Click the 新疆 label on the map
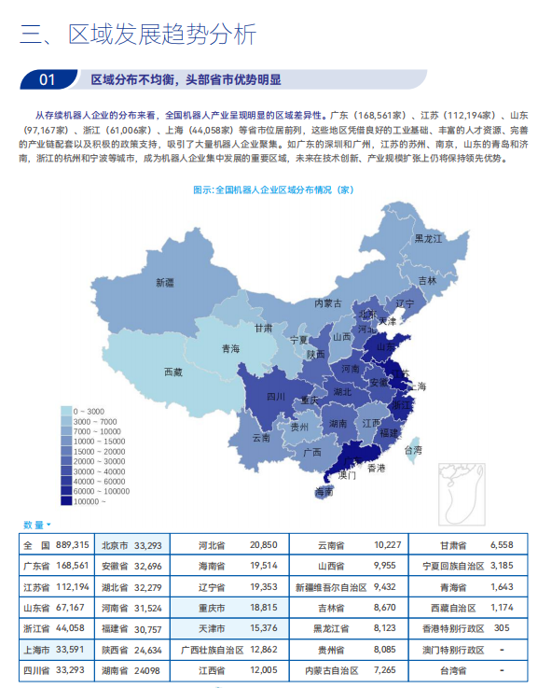pos(165,282)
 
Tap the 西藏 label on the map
pos(172,372)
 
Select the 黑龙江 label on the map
pos(429,239)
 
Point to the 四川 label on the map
pos(275,396)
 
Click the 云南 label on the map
pos(261,437)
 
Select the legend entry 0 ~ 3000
pos(90,411)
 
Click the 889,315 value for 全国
pos(73,545)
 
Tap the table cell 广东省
pos(37,566)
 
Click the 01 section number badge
pos(48,79)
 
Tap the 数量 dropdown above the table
pos(36,525)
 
